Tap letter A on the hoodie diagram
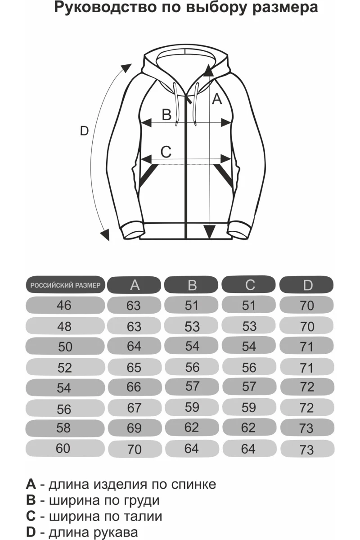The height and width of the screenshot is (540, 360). pos(217,99)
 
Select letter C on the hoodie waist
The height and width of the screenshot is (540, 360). pos(166,152)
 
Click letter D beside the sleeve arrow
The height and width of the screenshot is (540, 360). pos(84,131)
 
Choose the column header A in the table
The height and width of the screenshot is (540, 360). pos(134,285)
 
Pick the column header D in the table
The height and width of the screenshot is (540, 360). pos(307,285)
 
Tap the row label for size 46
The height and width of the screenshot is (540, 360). pos(64,306)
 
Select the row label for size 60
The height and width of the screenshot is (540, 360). pos(64,448)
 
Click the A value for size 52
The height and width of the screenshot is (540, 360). pos(134,368)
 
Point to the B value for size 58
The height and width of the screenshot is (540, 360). pos(192,427)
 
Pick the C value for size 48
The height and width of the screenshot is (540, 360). pos(249,326)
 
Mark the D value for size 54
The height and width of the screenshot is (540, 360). pos(306,387)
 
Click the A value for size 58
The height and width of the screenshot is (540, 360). pos(134,428)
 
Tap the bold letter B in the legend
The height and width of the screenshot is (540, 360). pos(31,500)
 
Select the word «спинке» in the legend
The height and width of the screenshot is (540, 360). pos(194,484)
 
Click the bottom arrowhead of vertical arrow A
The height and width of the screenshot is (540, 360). pos(208,232)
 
